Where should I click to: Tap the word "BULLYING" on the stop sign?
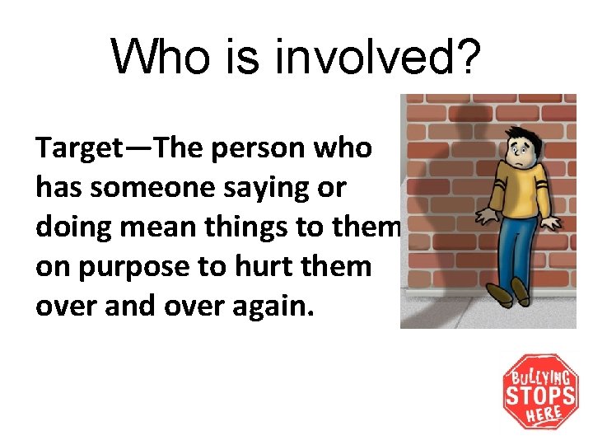pos(540,377)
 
